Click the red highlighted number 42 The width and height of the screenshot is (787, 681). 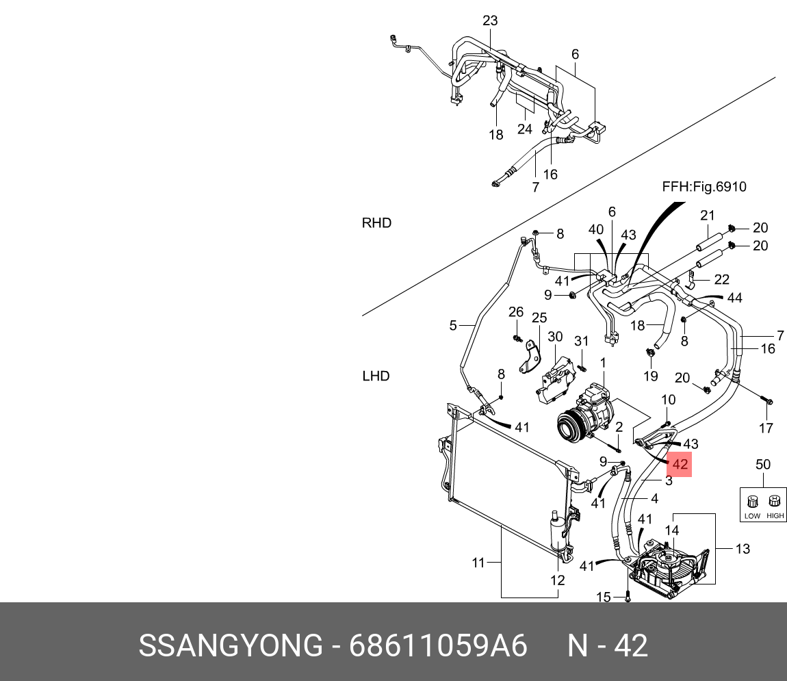click(680, 464)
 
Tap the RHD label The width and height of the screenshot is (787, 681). click(376, 223)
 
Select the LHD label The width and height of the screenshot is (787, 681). click(376, 376)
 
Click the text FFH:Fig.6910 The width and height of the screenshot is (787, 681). click(704, 187)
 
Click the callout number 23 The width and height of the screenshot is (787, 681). click(490, 21)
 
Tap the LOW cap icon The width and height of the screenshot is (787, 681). click(752, 502)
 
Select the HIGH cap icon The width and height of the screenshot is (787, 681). click(775, 502)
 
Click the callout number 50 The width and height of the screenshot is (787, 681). click(762, 465)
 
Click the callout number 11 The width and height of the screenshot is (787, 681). click(478, 563)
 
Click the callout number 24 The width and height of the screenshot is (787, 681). click(524, 129)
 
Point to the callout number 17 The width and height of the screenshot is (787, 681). click(766, 428)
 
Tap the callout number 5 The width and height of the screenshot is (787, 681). click(452, 326)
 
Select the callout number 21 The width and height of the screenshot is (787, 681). click(707, 216)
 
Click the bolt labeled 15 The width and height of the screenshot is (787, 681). click(628, 597)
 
